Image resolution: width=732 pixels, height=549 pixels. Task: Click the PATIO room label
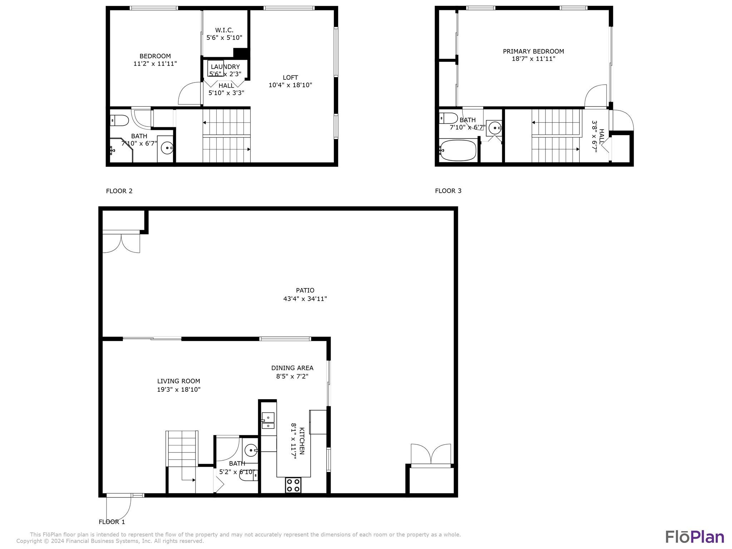pyautogui.click(x=305, y=290)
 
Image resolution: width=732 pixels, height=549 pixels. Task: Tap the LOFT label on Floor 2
pyautogui.click(x=290, y=77)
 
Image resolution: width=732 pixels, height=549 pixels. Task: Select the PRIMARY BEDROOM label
pyautogui.click(x=533, y=51)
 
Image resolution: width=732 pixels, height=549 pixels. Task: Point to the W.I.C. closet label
pyautogui.click(x=224, y=30)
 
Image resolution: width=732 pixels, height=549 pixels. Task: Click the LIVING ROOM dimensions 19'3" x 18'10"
pyautogui.click(x=179, y=390)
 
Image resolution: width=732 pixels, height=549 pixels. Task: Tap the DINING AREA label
pyautogui.click(x=292, y=368)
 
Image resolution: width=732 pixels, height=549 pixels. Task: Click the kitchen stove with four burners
pyautogui.click(x=293, y=485)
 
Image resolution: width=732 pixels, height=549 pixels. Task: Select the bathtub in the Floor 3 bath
pyautogui.click(x=458, y=150)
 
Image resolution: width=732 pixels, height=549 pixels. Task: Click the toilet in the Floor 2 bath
pyautogui.click(x=120, y=120)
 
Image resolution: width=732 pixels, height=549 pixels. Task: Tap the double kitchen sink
pyautogui.click(x=268, y=421)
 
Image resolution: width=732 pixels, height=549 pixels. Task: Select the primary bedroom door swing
pyautogui.click(x=596, y=96)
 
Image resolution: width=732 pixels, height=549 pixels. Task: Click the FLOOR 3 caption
pyautogui.click(x=448, y=191)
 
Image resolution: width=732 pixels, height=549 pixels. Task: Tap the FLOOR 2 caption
pyautogui.click(x=119, y=191)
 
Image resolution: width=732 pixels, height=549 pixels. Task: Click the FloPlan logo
pyautogui.click(x=694, y=537)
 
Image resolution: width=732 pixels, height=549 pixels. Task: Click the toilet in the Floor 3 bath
pyautogui.click(x=449, y=118)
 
